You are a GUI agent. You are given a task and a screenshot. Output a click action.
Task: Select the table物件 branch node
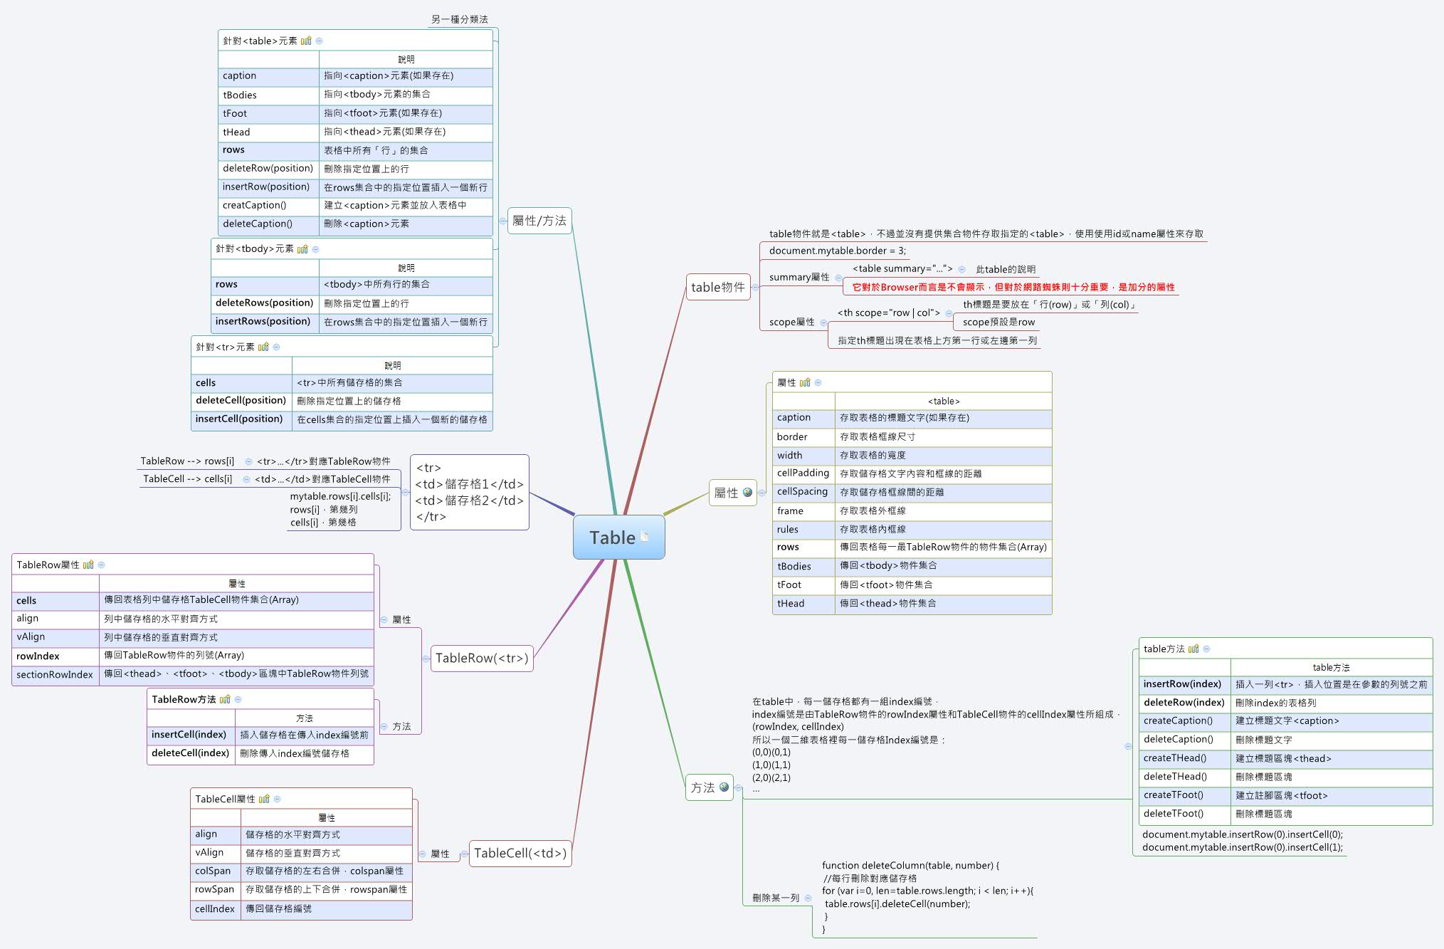coord(717,287)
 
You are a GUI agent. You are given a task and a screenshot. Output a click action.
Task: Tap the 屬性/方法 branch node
coord(539,221)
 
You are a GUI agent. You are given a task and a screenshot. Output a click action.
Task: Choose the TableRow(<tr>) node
coord(482,658)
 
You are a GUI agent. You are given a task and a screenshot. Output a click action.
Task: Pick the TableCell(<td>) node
coord(520,853)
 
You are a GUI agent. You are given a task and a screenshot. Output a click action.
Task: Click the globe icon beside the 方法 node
coord(724,787)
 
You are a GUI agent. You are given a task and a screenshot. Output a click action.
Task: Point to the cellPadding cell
coord(803,473)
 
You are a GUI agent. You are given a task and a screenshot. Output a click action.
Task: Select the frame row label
coord(790,510)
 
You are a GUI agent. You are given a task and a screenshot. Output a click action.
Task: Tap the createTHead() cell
coord(1175,757)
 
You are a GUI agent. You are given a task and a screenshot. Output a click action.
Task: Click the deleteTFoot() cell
coord(1174,813)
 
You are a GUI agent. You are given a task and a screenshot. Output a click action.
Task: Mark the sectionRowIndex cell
coord(55,674)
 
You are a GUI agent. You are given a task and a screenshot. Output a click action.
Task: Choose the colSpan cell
coord(213,871)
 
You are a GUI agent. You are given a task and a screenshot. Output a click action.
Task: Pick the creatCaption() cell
coord(254,205)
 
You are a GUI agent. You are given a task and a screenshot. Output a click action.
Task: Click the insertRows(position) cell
coord(263,321)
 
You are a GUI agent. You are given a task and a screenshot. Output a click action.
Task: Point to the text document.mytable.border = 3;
coord(838,251)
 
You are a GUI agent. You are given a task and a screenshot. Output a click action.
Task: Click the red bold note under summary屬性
coord(1013,287)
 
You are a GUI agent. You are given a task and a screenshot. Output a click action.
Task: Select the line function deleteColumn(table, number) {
coord(910,865)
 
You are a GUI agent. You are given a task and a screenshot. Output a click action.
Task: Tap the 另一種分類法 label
coord(460,19)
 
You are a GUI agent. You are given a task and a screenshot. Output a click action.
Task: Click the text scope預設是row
coord(998,322)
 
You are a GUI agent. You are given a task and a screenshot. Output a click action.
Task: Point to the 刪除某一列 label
coord(776,898)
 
